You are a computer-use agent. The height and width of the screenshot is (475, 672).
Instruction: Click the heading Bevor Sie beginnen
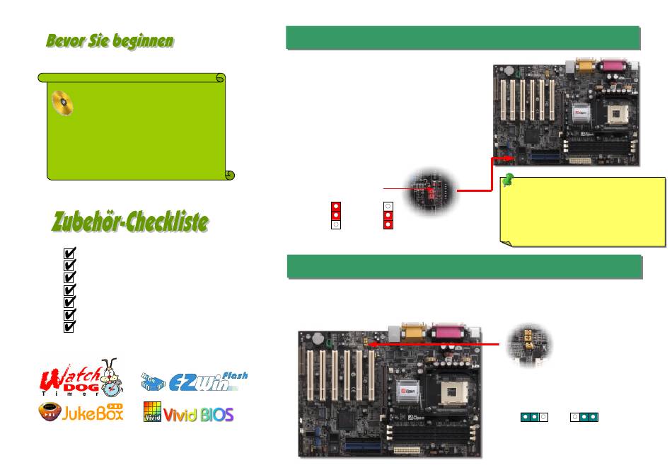pyautogui.click(x=110, y=41)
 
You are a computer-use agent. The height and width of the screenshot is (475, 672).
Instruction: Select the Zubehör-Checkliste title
pyautogui.click(x=130, y=222)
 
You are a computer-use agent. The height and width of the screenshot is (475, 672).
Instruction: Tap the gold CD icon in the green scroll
pyautogui.click(x=62, y=104)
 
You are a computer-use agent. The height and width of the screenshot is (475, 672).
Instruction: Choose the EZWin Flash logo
pyautogui.click(x=194, y=383)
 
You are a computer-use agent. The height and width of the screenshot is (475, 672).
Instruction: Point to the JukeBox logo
pyautogui.click(x=81, y=412)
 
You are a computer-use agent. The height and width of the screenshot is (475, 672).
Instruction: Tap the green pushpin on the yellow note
pyautogui.click(x=508, y=183)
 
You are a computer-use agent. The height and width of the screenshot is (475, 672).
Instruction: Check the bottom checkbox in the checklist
pyautogui.click(x=69, y=327)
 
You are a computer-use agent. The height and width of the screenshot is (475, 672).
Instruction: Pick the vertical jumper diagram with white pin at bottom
pyautogui.click(x=336, y=214)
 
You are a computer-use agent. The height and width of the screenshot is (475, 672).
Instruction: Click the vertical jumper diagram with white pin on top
pyautogui.click(x=388, y=214)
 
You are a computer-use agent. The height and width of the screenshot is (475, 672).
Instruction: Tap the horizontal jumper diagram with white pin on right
pyautogui.click(x=533, y=417)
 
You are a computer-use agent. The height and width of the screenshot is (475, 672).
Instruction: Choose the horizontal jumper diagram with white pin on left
pyautogui.click(x=584, y=417)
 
